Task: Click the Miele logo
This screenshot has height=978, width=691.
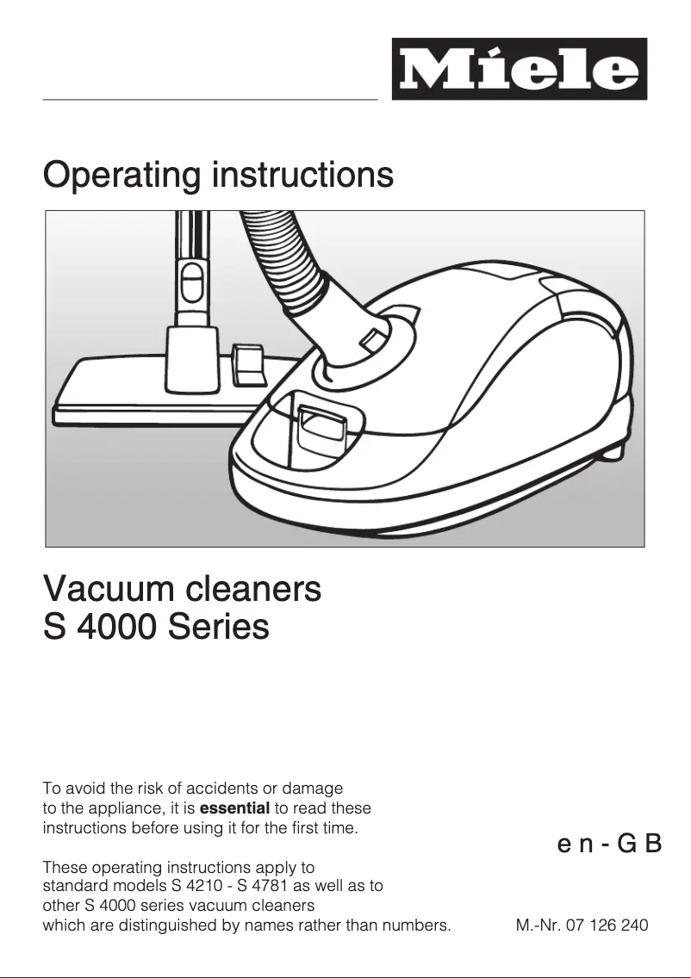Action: tap(519, 69)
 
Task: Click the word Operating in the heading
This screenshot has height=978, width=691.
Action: tap(121, 176)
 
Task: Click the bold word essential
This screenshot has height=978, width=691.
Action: tap(234, 808)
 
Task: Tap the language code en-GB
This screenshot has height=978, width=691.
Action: tap(609, 843)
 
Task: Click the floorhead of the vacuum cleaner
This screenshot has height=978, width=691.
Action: tap(129, 387)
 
